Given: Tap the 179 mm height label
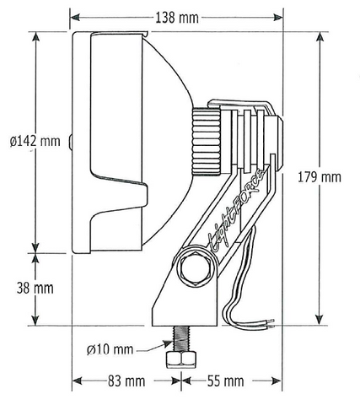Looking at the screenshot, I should (x=320, y=177).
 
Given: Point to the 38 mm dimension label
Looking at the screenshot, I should (x=35, y=288).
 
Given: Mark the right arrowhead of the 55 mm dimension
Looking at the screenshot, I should (x=280, y=381).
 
